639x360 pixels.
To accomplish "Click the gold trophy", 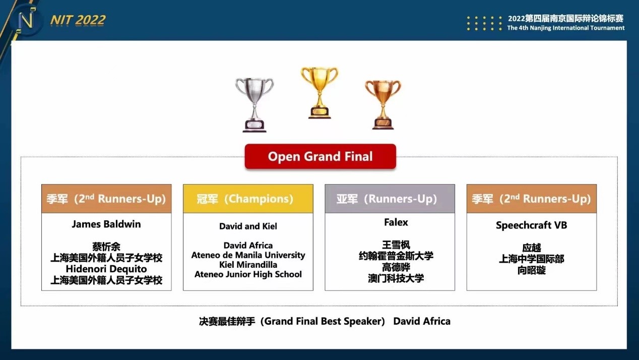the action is pos(319,92).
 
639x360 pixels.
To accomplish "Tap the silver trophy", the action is pos(254,105).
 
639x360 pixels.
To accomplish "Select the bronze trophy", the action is pos(383,104).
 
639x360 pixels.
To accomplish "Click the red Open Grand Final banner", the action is pos(321,156).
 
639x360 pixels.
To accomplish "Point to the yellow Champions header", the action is pos(248,199).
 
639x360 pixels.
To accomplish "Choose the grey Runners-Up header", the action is pos(390,199).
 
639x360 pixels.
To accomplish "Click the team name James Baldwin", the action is pos(106,224).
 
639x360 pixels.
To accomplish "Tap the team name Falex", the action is pos(396,222).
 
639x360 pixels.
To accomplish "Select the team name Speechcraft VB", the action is pos(532,225).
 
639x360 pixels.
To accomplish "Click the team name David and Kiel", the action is pos(248,226).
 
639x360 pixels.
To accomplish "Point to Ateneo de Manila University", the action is pos(248,255).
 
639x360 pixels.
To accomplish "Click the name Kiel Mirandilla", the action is pos(248,265).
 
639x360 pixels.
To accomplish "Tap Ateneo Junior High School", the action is pos(248,274).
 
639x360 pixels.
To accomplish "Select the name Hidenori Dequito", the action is pos(106,269).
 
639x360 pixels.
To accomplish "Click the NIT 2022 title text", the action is pos(78,20).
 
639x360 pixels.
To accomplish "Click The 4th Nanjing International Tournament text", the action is pos(566,28).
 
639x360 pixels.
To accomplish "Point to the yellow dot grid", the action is pos(484,23).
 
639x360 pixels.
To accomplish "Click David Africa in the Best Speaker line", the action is pos(422,322).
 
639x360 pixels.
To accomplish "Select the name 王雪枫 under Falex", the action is pos(396,245).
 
